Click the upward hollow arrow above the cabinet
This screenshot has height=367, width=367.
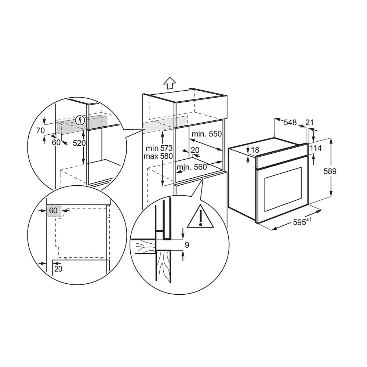click(168, 83)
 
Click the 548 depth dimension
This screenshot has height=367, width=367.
click(290, 123)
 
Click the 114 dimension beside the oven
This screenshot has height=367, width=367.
click(315, 148)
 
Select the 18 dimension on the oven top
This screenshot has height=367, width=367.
click(255, 150)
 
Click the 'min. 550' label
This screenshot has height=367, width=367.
click(206, 134)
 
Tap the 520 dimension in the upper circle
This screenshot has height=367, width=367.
click(79, 143)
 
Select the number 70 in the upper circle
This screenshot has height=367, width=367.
click(40, 130)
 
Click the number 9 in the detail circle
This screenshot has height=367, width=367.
click(187, 245)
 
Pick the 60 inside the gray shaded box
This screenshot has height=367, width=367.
click(53, 211)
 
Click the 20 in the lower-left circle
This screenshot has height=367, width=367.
click(58, 269)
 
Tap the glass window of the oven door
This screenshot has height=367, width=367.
click(283, 191)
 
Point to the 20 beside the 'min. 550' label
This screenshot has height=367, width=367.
click(195, 150)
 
